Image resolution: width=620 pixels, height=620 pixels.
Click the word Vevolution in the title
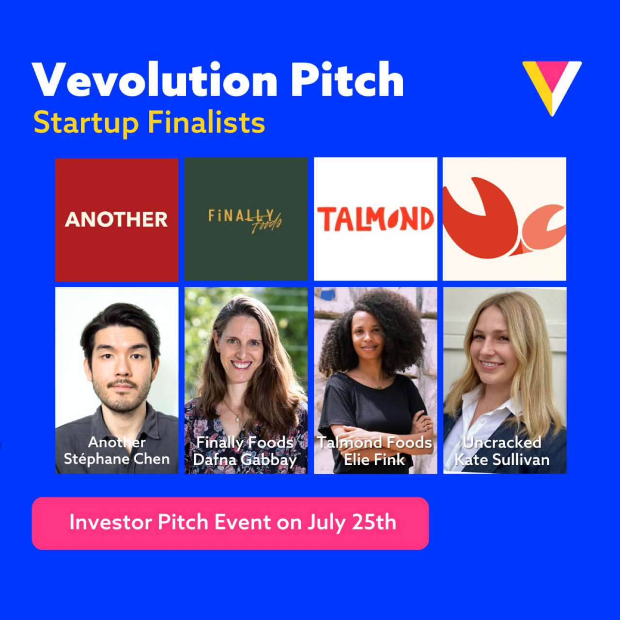coord(155,80)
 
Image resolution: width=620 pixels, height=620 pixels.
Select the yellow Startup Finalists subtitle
coord(149,123)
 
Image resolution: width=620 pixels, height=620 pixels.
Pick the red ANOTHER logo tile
coord(117,219)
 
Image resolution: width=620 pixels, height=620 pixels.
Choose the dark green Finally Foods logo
coord(246,219)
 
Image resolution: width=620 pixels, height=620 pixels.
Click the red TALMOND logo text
coord(375,219)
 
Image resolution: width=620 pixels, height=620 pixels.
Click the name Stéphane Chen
coord(117,459)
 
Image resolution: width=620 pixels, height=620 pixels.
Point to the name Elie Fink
coord(374,459)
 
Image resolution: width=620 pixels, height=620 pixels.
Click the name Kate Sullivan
coord(502,459)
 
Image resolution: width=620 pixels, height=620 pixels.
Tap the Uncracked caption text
coord(502,442)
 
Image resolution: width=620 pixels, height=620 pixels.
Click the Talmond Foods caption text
coord(374,442)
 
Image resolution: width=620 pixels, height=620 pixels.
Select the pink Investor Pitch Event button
coord(230,523)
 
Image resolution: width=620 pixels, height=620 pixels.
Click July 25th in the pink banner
coord(352,523)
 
